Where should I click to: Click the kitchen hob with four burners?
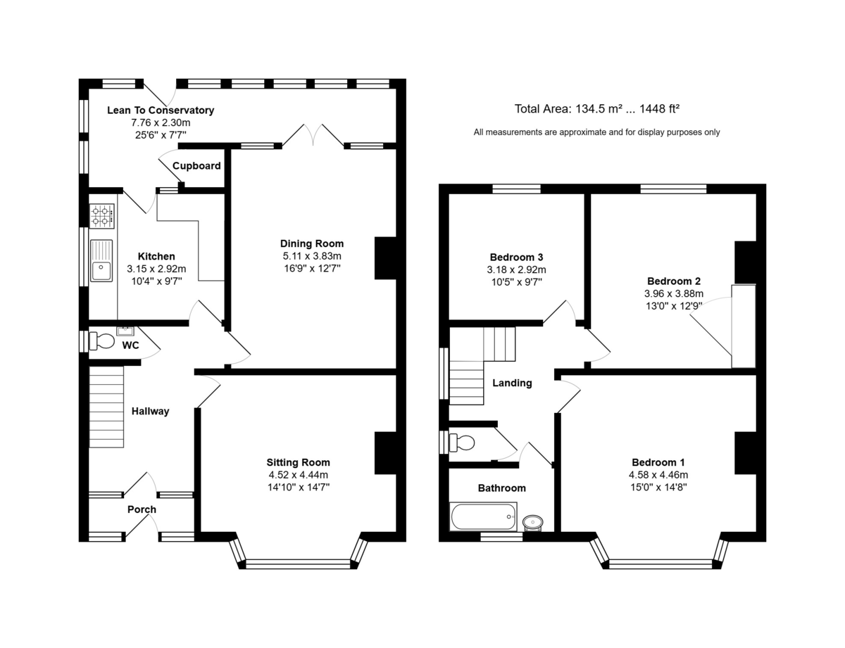pos(102,216)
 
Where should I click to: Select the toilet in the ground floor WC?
pos(102,341)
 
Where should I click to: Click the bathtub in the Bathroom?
pos(483,516)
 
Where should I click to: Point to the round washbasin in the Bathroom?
pos(533,522)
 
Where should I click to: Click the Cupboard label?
pos(196,166)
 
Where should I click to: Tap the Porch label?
pos(142,509)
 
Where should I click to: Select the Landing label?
pos(512,383)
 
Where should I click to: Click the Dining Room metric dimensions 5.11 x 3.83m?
pos(312,256)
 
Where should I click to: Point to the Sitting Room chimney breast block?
pos(385,453)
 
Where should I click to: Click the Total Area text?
pos(597,109)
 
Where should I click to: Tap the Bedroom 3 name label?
pos(516,258)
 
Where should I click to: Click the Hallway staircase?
pos(106,407)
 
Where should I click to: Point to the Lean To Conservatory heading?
pos(161,110)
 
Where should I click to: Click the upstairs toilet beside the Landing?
pos(462,443)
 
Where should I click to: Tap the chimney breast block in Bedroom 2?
pos(746,262)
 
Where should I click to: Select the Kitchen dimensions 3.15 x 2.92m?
pos(156,269)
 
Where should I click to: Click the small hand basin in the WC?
pos(125,331)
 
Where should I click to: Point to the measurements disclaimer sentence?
pos(596,132)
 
